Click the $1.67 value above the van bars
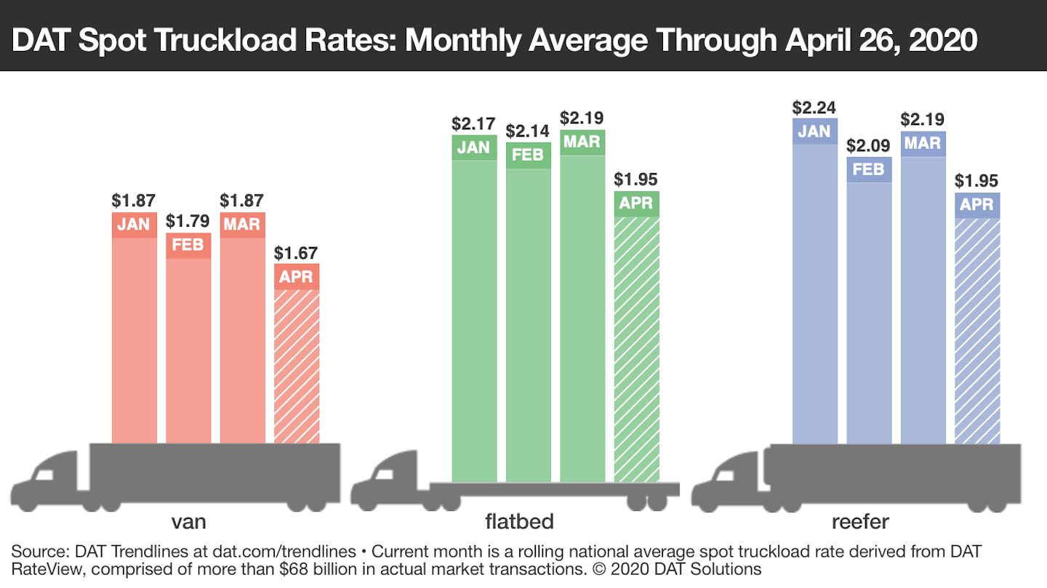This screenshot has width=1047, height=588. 296,254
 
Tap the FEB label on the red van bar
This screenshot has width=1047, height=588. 188,245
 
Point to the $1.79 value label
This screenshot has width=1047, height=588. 188,221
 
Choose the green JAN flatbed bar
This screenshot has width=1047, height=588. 474,313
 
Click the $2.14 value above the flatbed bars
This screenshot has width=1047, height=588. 528,132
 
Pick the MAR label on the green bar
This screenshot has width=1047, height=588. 582,142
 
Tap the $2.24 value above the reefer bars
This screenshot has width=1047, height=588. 814,108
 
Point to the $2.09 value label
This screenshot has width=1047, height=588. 869,145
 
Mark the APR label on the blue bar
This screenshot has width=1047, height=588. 977,204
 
